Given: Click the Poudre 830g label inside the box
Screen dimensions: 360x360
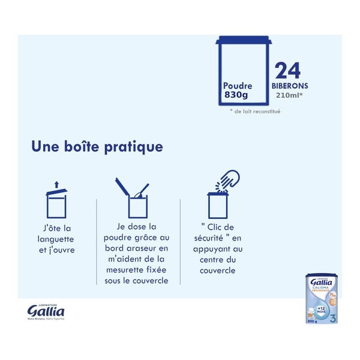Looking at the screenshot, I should point(238,91).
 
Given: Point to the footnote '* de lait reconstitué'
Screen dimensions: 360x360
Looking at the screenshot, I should point(255,112).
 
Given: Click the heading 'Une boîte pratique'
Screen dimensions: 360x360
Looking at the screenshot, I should point(97,146).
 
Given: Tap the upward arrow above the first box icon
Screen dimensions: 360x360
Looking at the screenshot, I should point(56,184).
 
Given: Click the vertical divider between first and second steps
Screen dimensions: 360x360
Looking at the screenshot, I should point(97,240).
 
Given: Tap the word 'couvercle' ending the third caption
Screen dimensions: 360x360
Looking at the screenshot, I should point(218,271).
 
